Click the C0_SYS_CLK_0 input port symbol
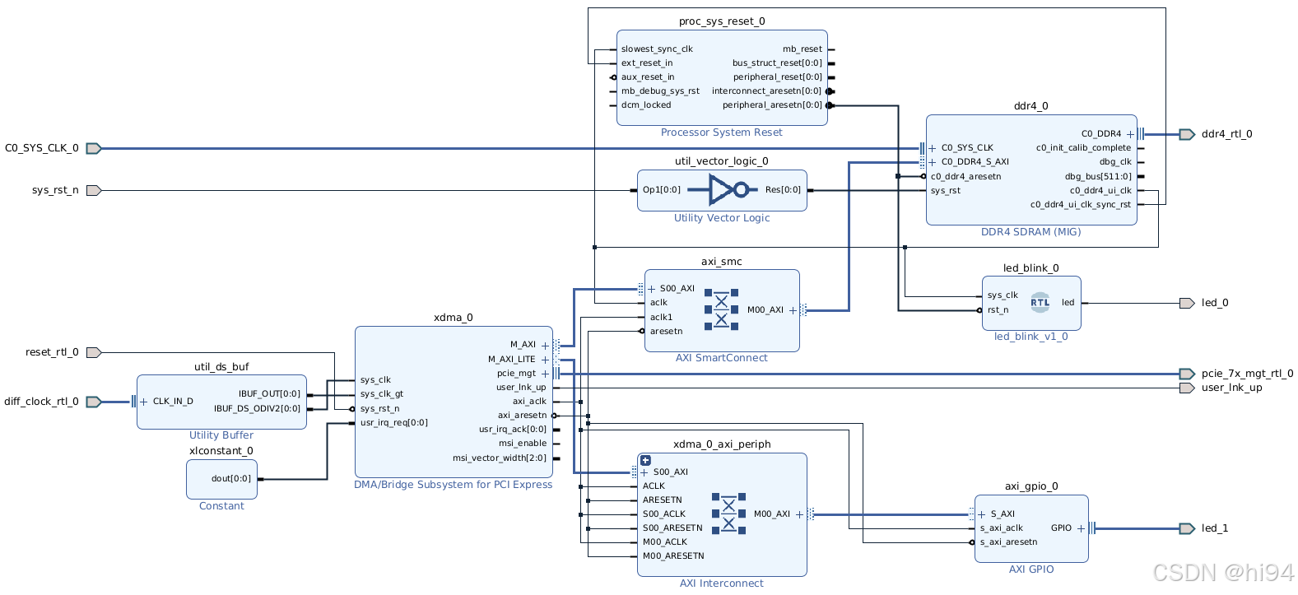coord(94,149)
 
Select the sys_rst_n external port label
coord(55,190)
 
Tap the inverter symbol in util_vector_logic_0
coord(722,190)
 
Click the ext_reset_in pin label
coord(647,63)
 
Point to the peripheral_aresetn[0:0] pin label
coord(772,105)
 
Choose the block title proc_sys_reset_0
coord(722,21)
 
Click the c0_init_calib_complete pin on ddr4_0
coord(1083,148)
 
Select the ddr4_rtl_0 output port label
coord(1226,134)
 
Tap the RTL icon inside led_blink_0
coord(1040,302)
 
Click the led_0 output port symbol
coord(1186,303)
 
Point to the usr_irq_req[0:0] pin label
coord(394,423)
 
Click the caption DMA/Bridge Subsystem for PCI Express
coord(453,485)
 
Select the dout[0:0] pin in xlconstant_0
coord(231,479)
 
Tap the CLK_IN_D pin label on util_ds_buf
coord(173,402)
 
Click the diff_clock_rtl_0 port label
coord(41,402)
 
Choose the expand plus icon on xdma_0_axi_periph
coord(645,461)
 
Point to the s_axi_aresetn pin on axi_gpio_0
coord(1008,542)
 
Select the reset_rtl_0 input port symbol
coord(94,352)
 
